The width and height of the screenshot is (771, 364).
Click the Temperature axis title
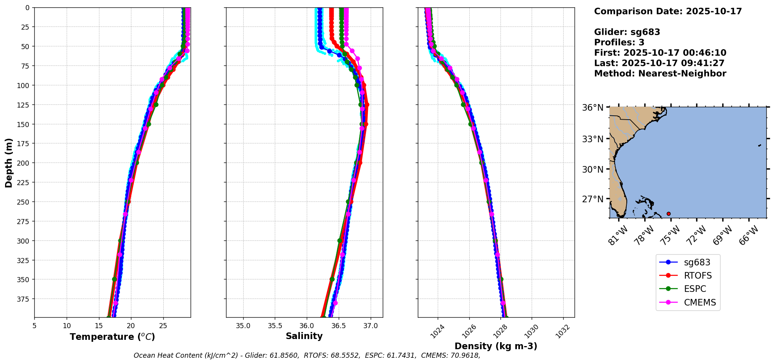[x=112, y=337]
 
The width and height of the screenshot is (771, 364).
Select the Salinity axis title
[x=304, y=336]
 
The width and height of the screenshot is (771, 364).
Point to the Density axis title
[x=496, y=346]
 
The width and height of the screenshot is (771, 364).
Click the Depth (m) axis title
[x=9, y=163]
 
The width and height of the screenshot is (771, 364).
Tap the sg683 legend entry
[x=697, y=263]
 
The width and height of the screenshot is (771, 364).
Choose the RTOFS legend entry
[x=698, y=276]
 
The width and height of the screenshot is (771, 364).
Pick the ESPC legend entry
[x=695, y=289]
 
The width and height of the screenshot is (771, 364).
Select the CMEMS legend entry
[x=700, y=302]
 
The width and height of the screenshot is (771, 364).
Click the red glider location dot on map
[x=668, y=214]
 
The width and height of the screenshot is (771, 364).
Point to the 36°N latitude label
[x=592, y=108]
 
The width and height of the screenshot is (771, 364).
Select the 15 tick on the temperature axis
[x=99, y=326]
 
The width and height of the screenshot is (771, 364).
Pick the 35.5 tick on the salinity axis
[x=275, y=326]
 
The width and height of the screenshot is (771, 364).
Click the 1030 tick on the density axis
[x=531, y=331]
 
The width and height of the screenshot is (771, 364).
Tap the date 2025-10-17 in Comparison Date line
[x=714, y=11]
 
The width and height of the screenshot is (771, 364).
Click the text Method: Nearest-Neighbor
[x=660, y=74]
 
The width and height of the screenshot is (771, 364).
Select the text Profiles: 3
[x=619, y=42]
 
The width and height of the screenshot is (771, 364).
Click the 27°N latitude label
[x=592, y=199]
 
